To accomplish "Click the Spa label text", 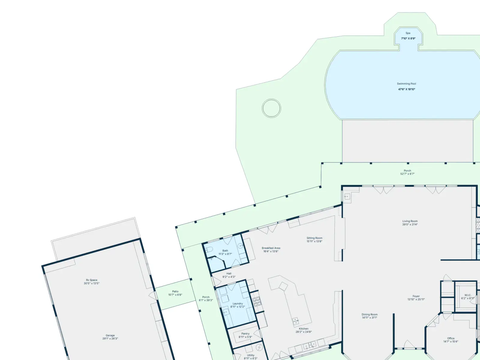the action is click(x=408, y=33).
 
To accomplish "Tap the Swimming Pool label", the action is click(x=406, y=84).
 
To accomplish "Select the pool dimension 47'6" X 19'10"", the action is click(x=406, y=89).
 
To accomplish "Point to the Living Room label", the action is click(x=410, y=221).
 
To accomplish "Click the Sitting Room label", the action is click(x=314, y=238).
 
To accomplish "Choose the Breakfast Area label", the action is click(x=271, y=248).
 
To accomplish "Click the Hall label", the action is click(x=229, y=273).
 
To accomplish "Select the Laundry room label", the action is click(x=238, y=304).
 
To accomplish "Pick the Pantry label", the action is click(x=245, y=334).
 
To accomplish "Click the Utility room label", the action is click(x=250, y=355).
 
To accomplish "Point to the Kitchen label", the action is click(x=304, y=329).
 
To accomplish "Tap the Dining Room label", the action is click(x=370, y=314).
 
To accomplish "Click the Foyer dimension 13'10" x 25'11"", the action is click(x=416, y=299).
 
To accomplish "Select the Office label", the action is click(x=451, y=338).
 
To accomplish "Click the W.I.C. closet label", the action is click(x=468, y=295).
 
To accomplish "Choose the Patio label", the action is click(x=175, y=291).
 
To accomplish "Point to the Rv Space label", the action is click(x=91, y=280).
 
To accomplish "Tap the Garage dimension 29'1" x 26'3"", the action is click(x=110, y=339).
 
